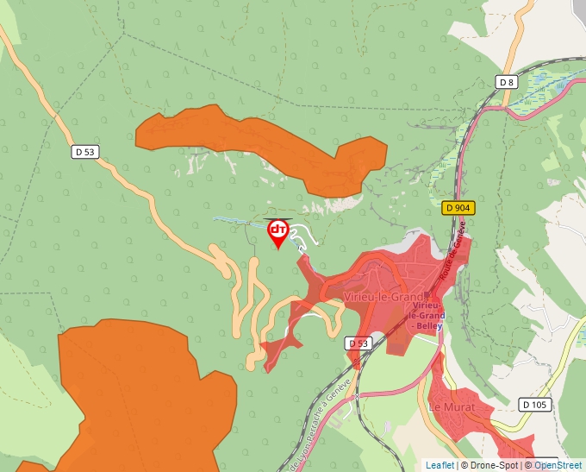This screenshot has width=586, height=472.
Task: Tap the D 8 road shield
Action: click(x=507, y=82)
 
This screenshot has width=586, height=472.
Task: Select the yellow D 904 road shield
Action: click(x=458, y=208)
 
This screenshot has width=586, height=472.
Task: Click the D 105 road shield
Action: click(x=535, y=404)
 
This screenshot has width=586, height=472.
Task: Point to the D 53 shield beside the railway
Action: click(x=358, y=343)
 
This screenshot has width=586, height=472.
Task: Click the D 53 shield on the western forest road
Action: click(x=84, y=152)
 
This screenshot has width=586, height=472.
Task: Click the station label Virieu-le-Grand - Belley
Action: click(x=428, y=317)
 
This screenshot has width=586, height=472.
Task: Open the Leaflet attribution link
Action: click(x=439, y=465)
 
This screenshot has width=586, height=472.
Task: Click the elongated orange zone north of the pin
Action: click(x=259, y=142)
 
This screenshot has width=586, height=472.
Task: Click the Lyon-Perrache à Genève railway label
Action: click(x=321, y=423)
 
